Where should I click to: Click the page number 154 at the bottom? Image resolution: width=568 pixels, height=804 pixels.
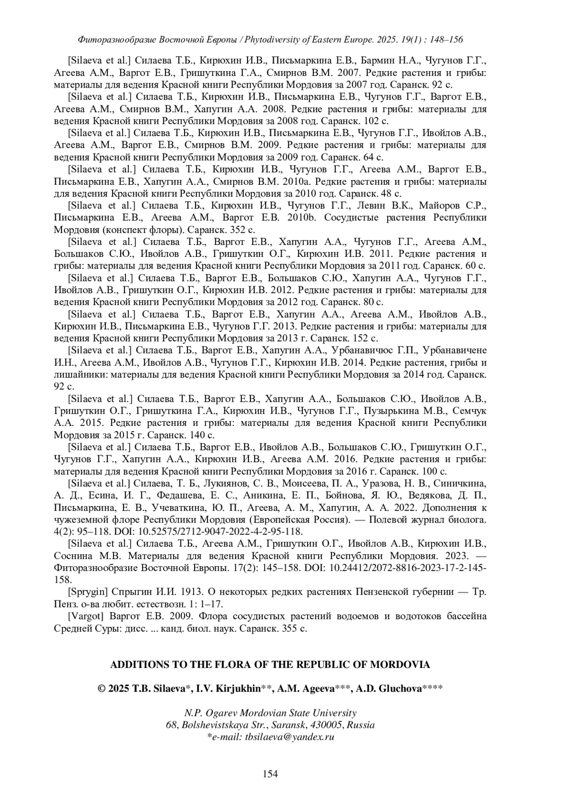tap(270, 774)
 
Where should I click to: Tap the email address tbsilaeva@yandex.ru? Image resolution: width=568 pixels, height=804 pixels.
tap(290, 737)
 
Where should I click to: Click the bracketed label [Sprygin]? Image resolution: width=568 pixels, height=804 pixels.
tap(89, 592)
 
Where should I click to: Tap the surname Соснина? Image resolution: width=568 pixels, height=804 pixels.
tap(75, 555)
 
